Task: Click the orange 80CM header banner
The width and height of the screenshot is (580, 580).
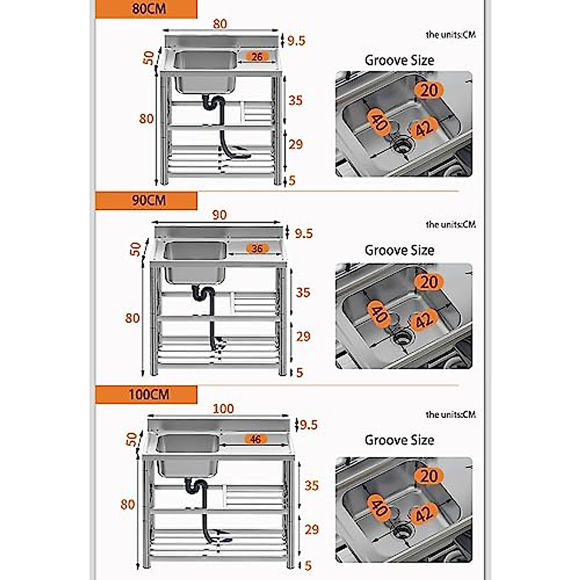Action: (146, 9)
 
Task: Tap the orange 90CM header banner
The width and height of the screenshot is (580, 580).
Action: (146, 201)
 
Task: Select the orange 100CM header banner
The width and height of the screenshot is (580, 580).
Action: (146, 394)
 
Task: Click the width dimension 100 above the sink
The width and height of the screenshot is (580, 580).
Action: (223, 409)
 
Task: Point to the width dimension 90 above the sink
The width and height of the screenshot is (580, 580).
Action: (219, 215)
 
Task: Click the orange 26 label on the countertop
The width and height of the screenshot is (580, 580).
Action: (257, 57)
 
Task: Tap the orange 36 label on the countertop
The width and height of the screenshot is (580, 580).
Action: (257, 248)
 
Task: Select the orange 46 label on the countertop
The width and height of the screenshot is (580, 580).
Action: (255, 439)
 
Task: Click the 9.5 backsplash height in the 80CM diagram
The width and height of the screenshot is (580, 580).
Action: (296, 41)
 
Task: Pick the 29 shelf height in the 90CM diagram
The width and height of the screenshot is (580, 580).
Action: (303, 336)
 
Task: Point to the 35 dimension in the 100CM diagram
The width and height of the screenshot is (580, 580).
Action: (311, 485)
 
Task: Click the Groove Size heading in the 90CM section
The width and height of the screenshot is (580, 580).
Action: (399, 250)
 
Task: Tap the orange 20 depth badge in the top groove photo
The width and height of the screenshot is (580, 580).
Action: (429, 90)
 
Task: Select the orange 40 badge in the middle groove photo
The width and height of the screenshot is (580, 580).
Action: (378, 314)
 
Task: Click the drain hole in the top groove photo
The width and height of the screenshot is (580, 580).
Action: (402, 144)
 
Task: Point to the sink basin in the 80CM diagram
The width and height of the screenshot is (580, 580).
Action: (205, 72)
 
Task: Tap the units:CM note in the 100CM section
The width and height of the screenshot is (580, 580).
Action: (450, 415)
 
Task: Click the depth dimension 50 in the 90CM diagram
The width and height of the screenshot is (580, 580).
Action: (136, 249)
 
